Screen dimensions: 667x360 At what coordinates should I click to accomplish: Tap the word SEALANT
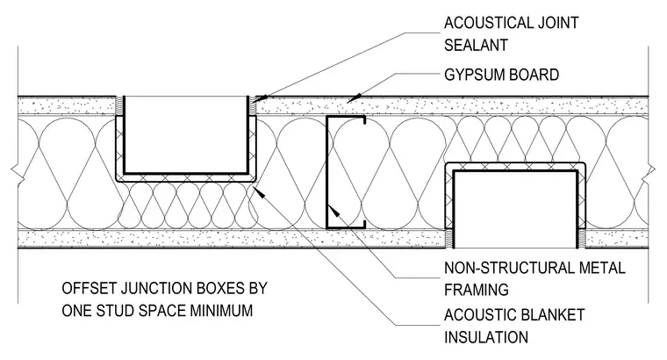click(476, 45)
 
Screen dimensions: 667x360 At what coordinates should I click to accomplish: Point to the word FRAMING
click(477, 291)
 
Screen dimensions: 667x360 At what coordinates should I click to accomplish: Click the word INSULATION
click(486, 337)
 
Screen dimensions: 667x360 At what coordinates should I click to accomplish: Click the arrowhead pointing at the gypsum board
click(354, 98)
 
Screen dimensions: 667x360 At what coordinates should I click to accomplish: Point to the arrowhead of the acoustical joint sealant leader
click(261, 98)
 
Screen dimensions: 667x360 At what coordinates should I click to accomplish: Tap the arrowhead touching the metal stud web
click(334, 212)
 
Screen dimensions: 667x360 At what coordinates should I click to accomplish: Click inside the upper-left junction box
click(186, 134)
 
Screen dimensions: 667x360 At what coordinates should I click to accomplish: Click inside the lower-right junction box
click(515, 209)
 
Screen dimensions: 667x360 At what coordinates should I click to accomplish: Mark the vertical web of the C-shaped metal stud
click(326, 172)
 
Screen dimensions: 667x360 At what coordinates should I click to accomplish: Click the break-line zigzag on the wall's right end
click(651, 170)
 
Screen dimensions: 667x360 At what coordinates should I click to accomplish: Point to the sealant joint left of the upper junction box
click(120, 105)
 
